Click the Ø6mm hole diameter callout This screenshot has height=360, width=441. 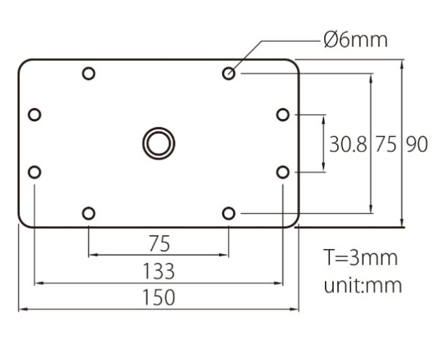tap(356, 40)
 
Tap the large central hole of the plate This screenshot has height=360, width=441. tap(159, 143)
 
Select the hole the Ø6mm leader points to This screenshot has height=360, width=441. tap(229, 73)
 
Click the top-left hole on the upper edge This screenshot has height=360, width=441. tap(89, 73)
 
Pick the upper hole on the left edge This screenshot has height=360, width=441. tap(35, 115)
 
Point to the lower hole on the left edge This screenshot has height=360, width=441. tap(35, 172)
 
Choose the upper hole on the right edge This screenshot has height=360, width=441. tap(283, 115)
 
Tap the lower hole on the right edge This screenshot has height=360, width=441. tap(283, 172)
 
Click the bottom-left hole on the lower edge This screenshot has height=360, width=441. tap(89, 213)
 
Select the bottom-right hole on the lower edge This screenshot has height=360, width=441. tap(229, 213)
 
